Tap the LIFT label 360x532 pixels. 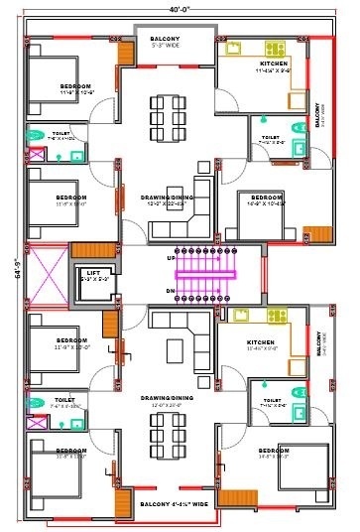pyautogui.click(x=92, y=271)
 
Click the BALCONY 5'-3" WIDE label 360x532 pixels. pyautogui.click(x=165, y=42)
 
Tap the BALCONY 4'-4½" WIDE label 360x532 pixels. pyautogui.click(x=175, y=504)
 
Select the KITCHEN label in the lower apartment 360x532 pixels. pyautogui.click(x=261, y=342)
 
